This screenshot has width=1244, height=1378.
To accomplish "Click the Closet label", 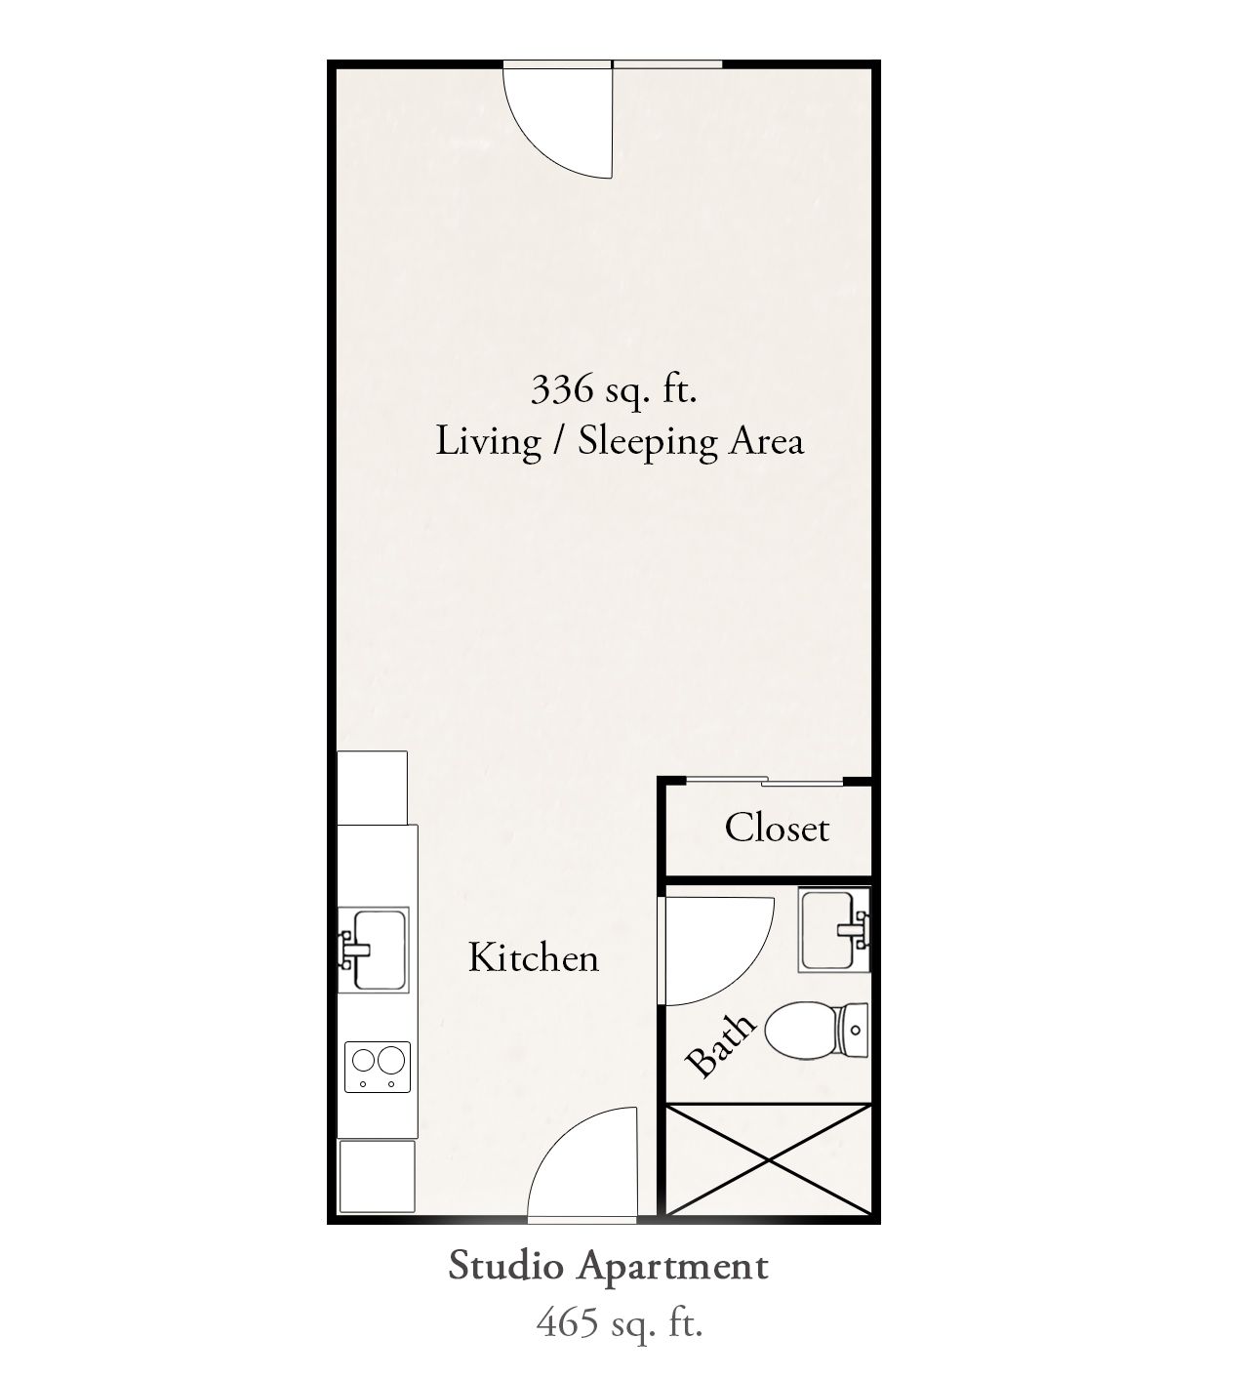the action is point(777,828).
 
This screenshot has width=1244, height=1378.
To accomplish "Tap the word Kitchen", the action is point(533,957).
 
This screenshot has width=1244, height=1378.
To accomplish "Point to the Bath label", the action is point(720,1045).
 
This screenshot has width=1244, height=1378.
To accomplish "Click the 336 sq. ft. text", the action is point(614,389).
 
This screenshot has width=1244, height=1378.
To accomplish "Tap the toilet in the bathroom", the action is point(816,1031).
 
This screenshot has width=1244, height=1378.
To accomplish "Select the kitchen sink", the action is point(373,950).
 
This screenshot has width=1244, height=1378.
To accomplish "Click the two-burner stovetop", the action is point(378,1067).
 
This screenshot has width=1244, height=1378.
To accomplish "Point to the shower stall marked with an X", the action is point(770,1161).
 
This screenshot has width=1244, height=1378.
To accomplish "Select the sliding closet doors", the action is point(765,781).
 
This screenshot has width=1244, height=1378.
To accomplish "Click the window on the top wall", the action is point(667,64).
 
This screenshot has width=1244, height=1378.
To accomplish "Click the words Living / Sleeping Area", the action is point(620,441).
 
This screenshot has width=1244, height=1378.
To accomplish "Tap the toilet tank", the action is point(853,1031).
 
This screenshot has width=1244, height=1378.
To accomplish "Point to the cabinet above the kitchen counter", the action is point(372,788).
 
